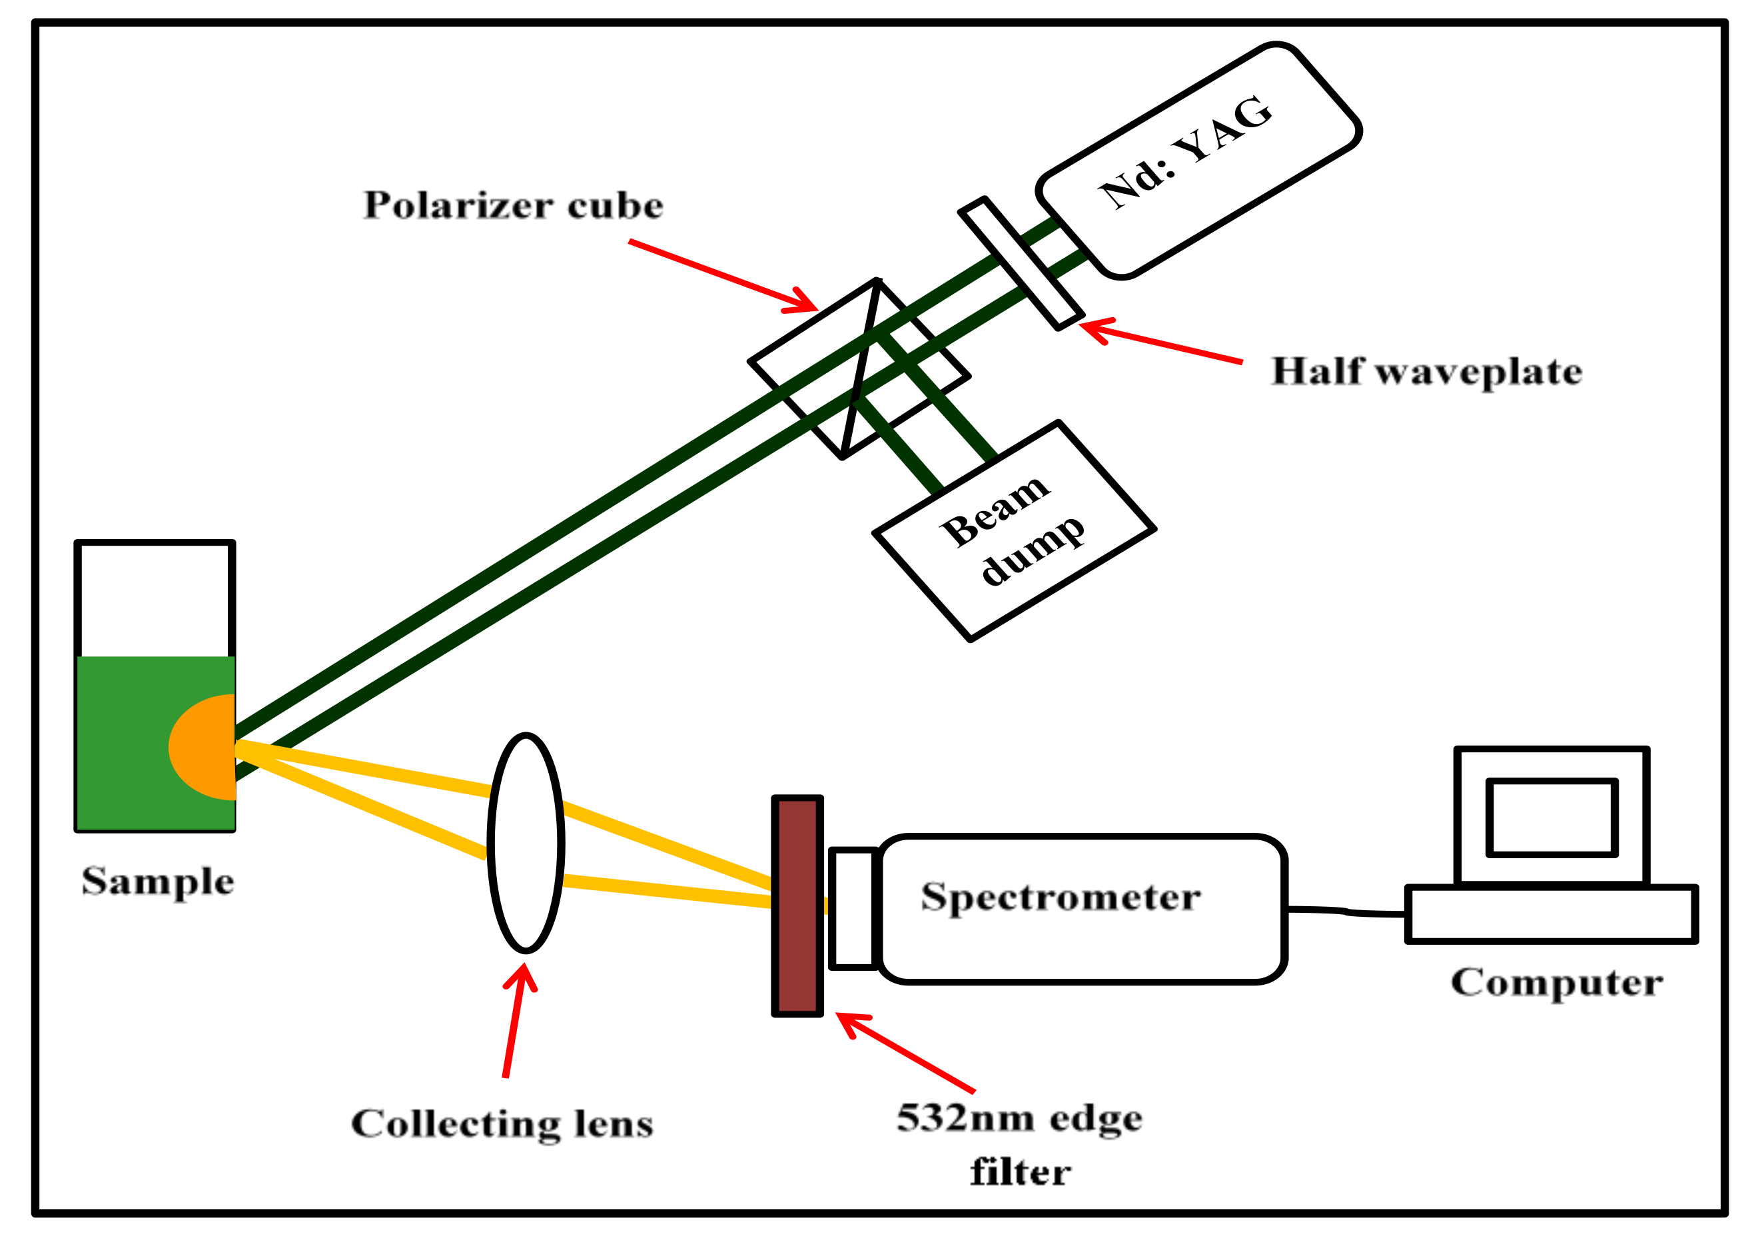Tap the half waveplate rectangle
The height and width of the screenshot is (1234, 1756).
click(x=1021, y=263)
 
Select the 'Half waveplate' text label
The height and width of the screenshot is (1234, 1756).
click(x=1426, y=372)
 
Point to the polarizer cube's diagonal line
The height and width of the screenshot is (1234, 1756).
click(x=861, y=367)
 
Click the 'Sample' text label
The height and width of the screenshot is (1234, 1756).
click(x=158, y=882)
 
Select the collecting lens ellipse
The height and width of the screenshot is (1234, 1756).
click(x=526, y=843)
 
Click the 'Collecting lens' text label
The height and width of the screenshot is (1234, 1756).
click(x=502, y=1124)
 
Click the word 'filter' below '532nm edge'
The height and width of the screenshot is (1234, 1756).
click(x=1021, y=1173)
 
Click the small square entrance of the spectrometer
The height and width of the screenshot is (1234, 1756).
click(x=852, y=908)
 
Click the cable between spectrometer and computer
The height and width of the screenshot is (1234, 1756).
click(x=1346, y=911)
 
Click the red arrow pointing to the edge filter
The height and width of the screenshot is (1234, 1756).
click(x=910, y=1054)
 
